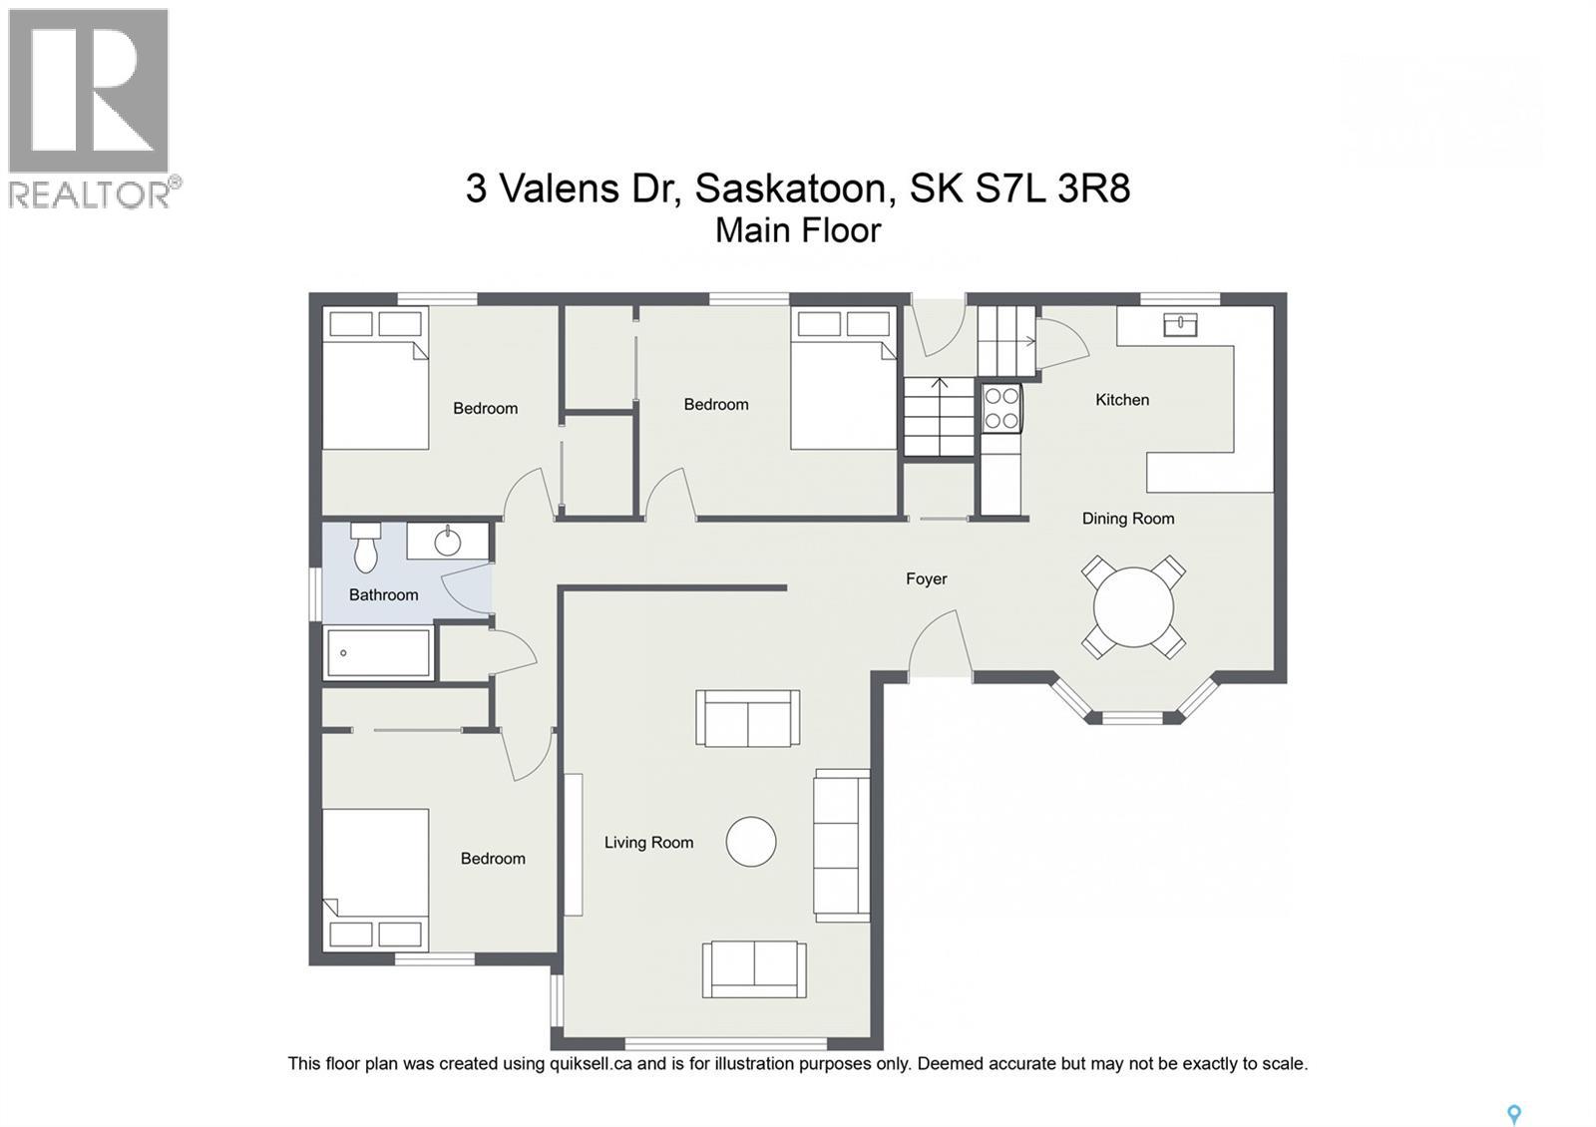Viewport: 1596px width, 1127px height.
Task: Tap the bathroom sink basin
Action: pyautogui.click(x=448, y=543)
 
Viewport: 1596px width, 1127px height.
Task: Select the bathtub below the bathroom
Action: pyautogui.click(x=378, y=653)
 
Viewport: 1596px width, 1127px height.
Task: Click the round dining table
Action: pyautogui.click(x=1133, y=607)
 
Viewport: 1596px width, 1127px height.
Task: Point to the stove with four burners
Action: pyautogui.click(x=1001, y=408)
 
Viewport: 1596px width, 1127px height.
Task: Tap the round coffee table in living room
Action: pyautogui.click(x=750, y=842)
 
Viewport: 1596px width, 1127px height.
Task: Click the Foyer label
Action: pyautogui.click(x=926, y=578)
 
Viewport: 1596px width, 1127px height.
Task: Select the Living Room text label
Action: pyautogui.click(x=648, y=843)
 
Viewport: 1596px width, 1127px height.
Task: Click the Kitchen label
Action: pyautogui.click(x=1122, y=400)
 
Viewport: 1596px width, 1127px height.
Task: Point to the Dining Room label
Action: pyautogui.click(x=1128, y=519)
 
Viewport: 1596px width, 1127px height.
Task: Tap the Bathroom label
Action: pyautogui.click(x=383, y=595)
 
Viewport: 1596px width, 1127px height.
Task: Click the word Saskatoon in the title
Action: pyautogui.click(x=789, y=188)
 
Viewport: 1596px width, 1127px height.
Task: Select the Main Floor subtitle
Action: pyautogui.click(x=798, y=230)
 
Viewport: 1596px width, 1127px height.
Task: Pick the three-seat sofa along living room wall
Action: pyautogui.click(x=841, y=846)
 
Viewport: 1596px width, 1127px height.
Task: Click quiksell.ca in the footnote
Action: pyautogui.click(x=590, y=1063)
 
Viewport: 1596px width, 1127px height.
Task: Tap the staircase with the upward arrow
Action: pyautogui.click(x=938, y=416)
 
